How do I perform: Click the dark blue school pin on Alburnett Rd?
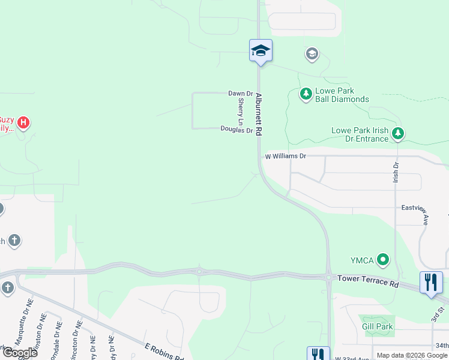[x=261, y=50]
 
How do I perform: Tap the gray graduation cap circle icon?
[x=312, y=55]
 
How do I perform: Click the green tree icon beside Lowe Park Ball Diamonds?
[x=306, y=94]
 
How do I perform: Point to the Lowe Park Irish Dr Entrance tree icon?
[x=397, y=133]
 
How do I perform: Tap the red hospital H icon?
[x=23, y=123]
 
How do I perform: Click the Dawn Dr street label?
[x=240, y=94]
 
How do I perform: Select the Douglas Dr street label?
[x=236, y=129]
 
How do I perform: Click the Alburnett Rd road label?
[x=259, y=114]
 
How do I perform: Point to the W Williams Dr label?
[x=286, y=156]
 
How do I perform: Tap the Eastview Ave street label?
[x=415, y=208]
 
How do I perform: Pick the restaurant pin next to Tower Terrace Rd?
[x=430, y=282]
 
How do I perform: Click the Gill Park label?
[x=377, y=326]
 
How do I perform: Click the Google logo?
[x=19, y=353]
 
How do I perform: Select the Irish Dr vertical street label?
[x=396, y=173]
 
